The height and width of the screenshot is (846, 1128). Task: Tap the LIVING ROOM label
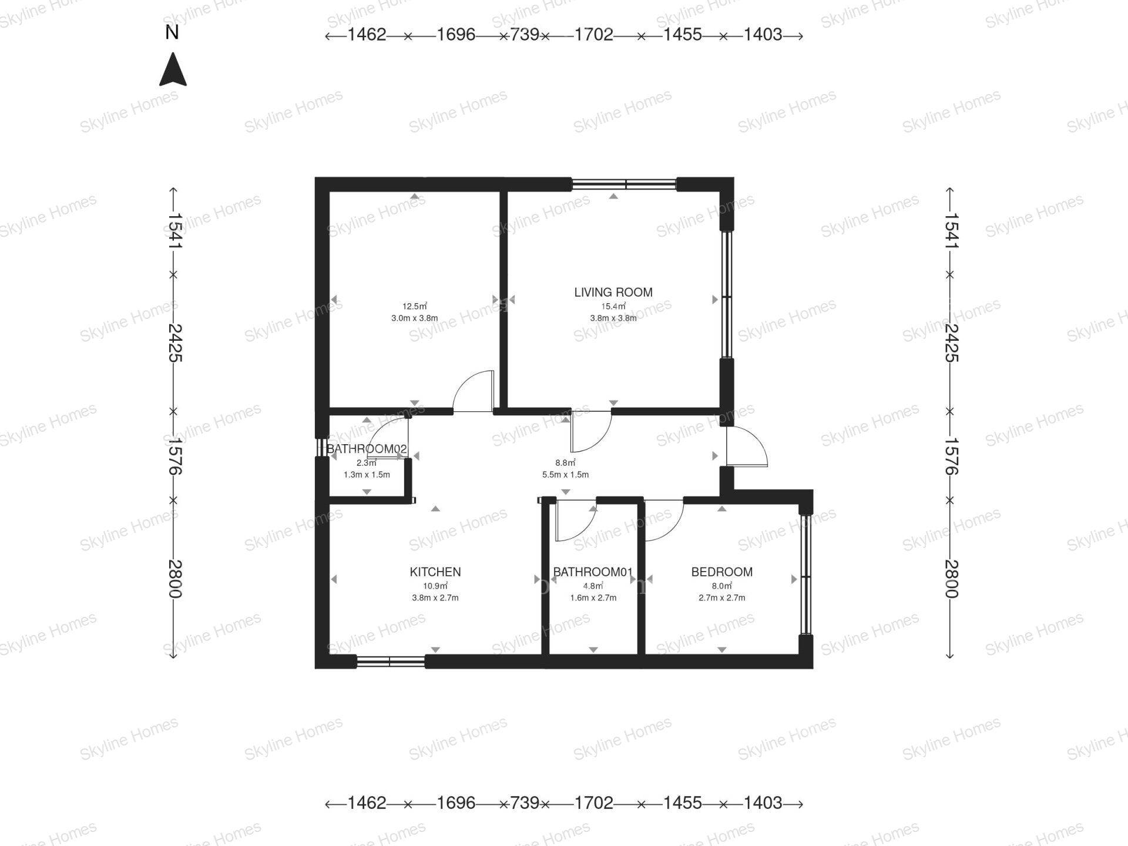(x=613, y=292)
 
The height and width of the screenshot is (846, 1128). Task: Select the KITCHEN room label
(x=435, y=572)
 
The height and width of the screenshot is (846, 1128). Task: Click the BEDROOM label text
(x=722, y=572)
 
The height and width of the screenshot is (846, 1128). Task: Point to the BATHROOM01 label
(x=593, y=572)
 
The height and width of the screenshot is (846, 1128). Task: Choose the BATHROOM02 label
(x=367, y=449)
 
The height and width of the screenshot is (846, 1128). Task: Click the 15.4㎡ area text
(x=613, y=306)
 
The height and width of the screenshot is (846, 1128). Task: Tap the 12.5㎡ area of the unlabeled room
(x=415, y=306)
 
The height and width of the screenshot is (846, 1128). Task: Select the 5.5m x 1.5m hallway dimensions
(x=565, y=475)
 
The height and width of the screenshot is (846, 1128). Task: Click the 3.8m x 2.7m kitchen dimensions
(x=435, y=598)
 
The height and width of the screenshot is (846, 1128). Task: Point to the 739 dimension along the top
(x=525, y=35)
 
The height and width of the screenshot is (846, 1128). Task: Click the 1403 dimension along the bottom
(x=763, y=803)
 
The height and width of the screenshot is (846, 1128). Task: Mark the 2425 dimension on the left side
(x=174, y=343)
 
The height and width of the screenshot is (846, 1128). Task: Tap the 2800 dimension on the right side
(x=951, y=579)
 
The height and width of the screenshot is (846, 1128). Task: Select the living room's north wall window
(x=624, y=184)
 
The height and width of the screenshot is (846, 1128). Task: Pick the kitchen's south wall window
(x=391, y=662)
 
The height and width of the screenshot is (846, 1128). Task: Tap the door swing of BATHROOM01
(x=576, y=521)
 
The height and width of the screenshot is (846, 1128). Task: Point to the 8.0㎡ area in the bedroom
(x=722, y=586)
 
